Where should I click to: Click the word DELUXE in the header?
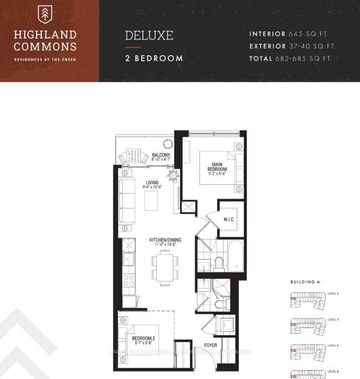point(149,36)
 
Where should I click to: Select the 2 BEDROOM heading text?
point(154,58)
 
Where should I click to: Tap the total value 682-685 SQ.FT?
point(311,58)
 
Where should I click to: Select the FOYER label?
point(211,345)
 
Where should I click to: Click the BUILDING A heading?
point(305,282)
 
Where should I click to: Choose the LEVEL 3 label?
point(333,320)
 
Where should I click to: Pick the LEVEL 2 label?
point(333,294)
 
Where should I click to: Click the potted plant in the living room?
point(174,175)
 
